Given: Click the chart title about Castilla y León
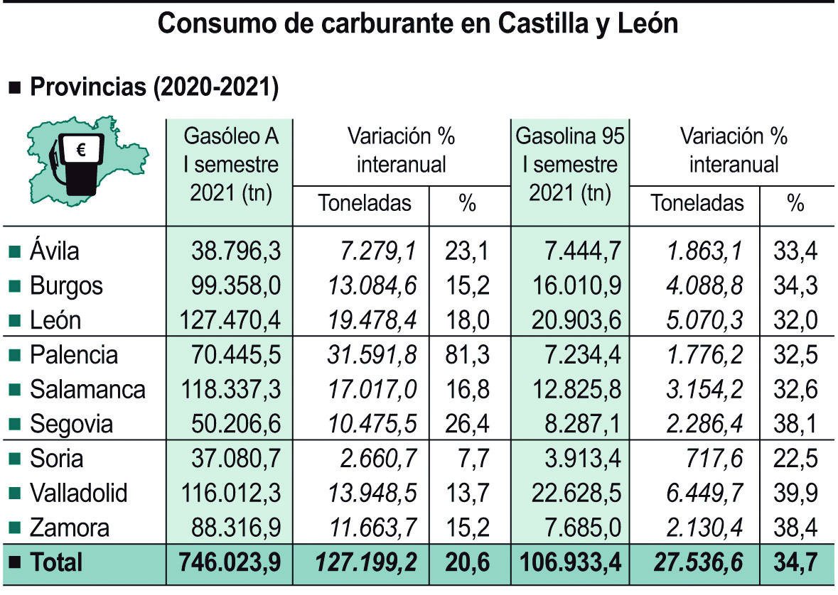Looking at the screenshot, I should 418,23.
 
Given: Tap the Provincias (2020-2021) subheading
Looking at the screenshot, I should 153,88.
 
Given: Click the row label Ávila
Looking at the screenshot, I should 55,251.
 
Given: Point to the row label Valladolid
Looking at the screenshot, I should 78,493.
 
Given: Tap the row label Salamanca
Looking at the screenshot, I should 87,389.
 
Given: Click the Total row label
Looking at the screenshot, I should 56,563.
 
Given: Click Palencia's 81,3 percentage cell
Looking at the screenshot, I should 467,354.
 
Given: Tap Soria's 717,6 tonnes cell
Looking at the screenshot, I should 717,459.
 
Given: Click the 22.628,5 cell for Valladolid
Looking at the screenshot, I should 576,493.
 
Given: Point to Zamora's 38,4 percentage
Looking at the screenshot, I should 795,528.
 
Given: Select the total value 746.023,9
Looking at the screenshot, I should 230,563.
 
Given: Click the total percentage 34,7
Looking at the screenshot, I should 795,563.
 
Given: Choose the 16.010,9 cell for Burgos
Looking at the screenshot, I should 576,285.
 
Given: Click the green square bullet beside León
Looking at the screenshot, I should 15,321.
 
